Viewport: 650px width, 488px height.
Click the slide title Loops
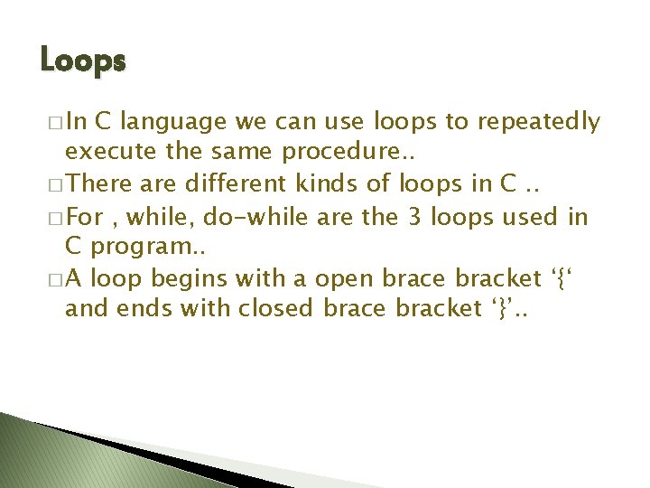coord(83,61)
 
